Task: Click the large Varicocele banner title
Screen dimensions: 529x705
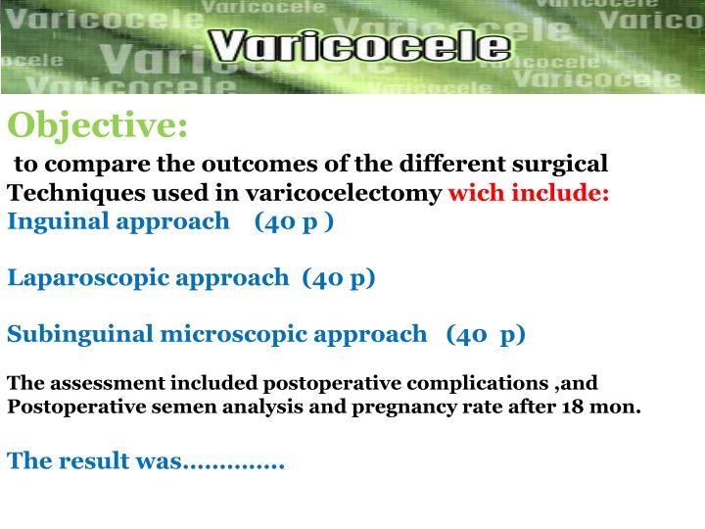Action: (x=359, y=46)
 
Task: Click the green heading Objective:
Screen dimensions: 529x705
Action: (x=98, y=125)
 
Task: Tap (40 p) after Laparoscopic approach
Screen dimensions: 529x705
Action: (x=339, y=277)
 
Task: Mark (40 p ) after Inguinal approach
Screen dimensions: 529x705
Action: (x=294, y=220)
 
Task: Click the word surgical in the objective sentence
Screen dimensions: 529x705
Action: (x=567, y=163)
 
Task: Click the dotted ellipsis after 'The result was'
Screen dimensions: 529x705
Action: (x=234, y=460)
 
